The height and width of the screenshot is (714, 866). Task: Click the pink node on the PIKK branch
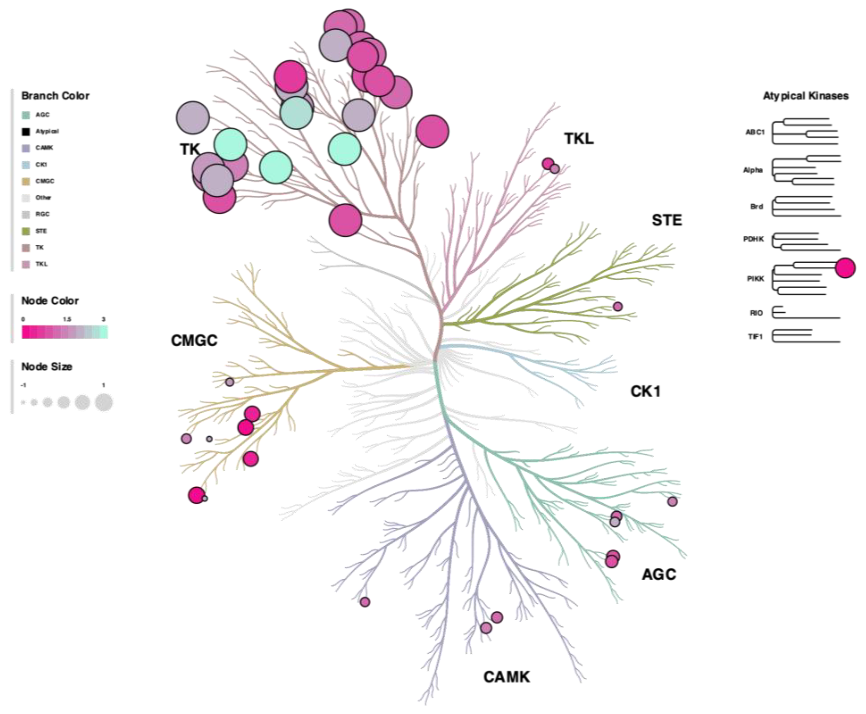(x=845, y=268)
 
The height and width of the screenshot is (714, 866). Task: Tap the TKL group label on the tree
(x=579, y=139)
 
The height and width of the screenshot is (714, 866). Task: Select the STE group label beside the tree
(x=667, y=220)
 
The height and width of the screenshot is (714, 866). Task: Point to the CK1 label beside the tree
(x=645, y=391)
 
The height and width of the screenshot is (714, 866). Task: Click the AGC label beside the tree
(x=659, y=574)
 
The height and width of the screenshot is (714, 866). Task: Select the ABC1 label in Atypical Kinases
(x=755, y=132)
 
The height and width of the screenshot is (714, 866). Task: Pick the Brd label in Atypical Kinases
(x=757, y=206)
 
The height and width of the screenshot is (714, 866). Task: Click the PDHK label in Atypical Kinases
(x=753, y=239)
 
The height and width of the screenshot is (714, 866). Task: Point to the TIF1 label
(x=755, y=336)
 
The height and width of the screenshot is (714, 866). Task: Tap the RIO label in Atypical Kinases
(x=756, y=313)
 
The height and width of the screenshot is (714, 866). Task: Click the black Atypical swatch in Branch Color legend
(x=26, y=131)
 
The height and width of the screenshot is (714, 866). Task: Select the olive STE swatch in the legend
(x=26, y=231)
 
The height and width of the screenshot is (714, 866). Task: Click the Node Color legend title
(x=50, y=301)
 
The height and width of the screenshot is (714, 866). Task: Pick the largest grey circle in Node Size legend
(x=104, y=402)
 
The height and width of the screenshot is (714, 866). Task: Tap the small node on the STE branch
(x=617, y=306)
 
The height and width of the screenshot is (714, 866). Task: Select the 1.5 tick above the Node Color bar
(x=67, y=319)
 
